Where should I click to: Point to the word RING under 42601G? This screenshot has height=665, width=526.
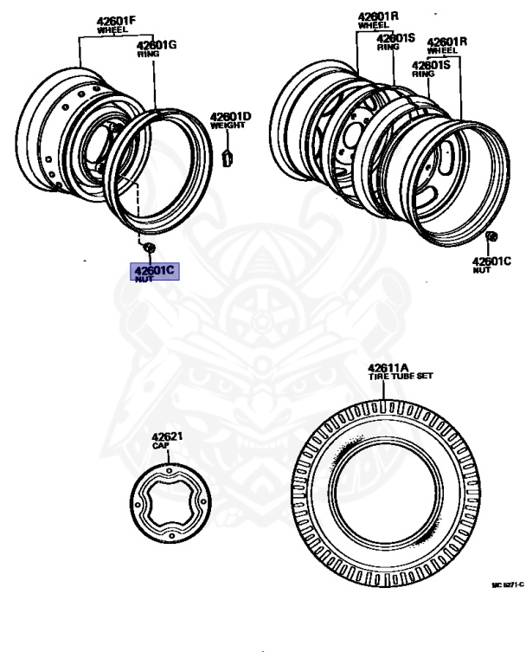coord(149,54)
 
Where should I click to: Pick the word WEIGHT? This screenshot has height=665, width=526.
coord(228,126)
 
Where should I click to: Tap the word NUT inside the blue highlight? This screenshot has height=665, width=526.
coord(143,279)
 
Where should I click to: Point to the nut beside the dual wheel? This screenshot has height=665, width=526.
coord(491,237)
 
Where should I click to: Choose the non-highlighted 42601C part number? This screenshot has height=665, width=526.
coord(492,261)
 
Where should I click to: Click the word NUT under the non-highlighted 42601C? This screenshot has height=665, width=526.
coord(481,270)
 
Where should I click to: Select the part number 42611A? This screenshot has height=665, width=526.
coord(386,366)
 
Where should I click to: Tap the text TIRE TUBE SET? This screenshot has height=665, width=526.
coord(400,376)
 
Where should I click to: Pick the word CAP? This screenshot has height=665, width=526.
coord(160,447)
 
